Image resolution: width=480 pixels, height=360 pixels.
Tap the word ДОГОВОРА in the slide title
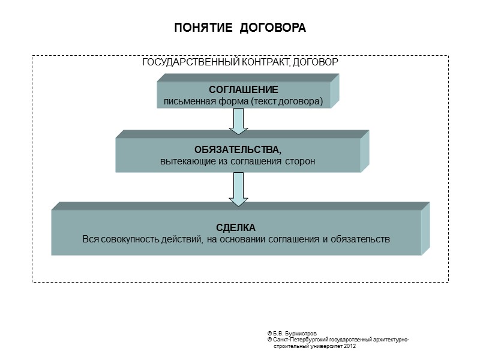click(273, 28)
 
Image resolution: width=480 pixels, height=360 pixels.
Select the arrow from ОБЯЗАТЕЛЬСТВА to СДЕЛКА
click(238, 187)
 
